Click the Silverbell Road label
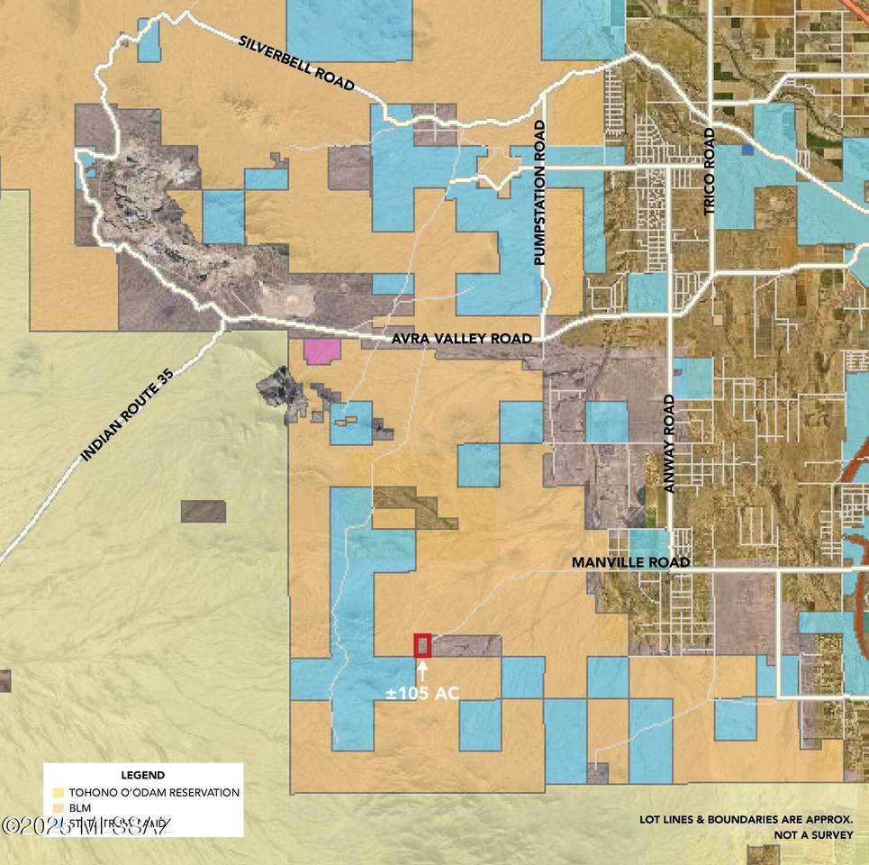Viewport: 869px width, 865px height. click(x=296, y=62)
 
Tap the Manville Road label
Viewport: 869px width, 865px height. click(x=630, y=562)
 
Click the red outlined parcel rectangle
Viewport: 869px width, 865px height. click(x=422, y=645)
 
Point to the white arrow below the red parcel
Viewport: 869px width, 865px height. click(x=422, y=669)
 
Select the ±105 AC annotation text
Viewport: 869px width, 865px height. click(x=422, y=693)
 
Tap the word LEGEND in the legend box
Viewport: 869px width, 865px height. click(x=142, y=775)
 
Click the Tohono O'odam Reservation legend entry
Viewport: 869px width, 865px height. click(x=154, y=793)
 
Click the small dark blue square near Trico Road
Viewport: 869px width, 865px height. click(x=747, y=150)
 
